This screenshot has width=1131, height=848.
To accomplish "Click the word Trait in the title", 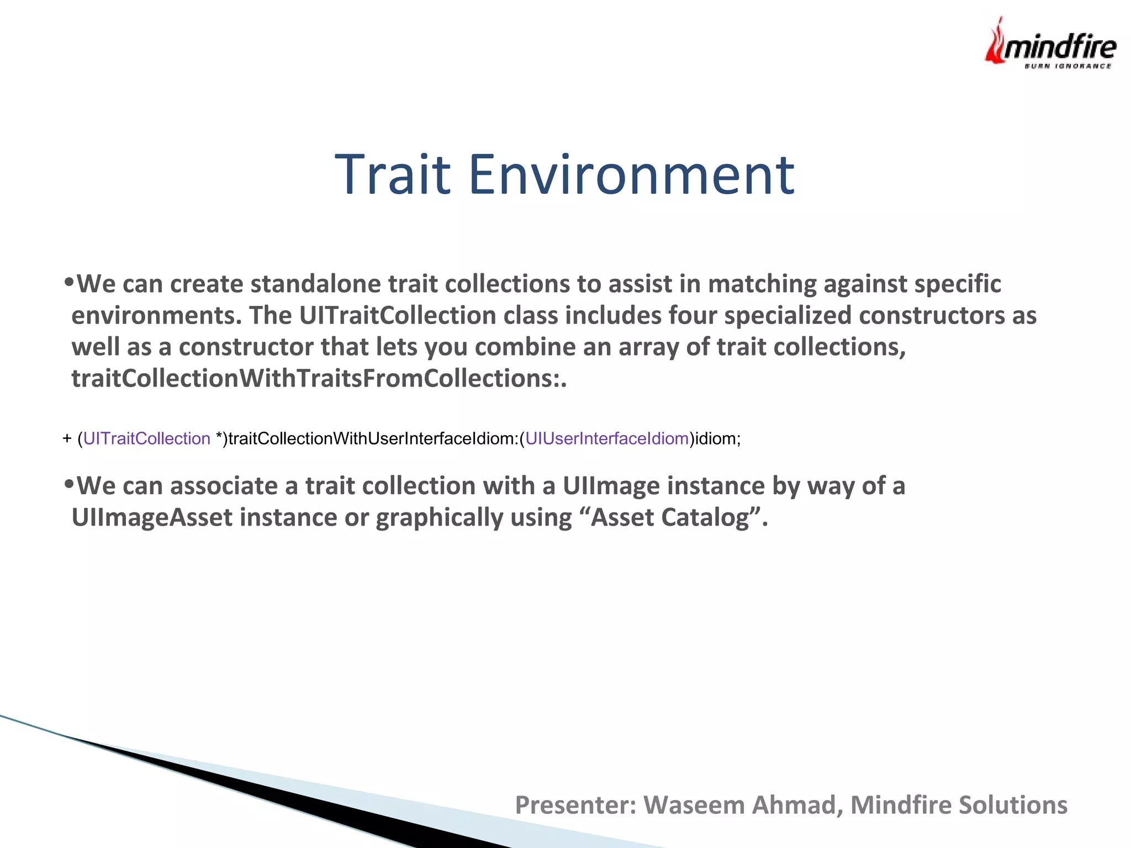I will click(x=393, y=174).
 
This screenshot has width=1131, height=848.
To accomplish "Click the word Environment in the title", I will click(x=631, y=174).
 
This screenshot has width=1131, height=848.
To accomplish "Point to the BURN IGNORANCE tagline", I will click(x=1067, y=66).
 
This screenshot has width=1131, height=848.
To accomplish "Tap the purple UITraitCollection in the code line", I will click(x=147, y=438).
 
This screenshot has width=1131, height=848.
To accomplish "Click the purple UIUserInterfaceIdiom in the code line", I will click(x=607, y=438).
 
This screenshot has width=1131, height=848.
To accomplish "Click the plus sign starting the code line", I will click(x=67, y=438).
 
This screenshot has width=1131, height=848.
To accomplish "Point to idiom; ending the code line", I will click(x=717, y=438).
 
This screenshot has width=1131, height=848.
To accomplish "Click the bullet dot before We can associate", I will click(x=68, y=484).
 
